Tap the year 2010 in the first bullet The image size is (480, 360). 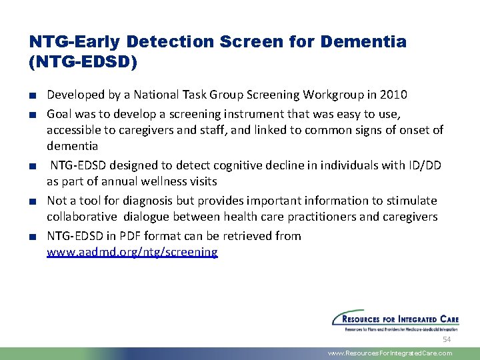(394, 95)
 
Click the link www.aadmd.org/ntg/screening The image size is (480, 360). (132, 252)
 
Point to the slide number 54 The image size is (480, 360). (447, 339)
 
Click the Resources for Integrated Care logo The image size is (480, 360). (392, 320)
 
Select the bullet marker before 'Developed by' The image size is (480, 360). (33, 95)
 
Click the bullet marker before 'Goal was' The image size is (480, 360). (33, 115)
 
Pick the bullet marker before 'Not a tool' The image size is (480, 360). (33, 201)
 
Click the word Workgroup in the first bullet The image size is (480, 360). (337, 95)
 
